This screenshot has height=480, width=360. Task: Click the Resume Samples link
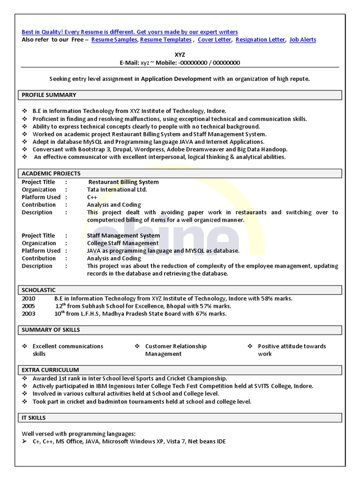pyautogui.click(x=114, y=40)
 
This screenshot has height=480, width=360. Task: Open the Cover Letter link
pyautogui.click(x=214, y=40)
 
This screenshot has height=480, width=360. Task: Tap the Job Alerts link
pyautogui.click(x=302, y=40)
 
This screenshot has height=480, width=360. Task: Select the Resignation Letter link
pyautogui.click(x=260, y=40)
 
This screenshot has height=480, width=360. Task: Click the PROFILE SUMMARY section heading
pyautogui.click(x=49, y=95)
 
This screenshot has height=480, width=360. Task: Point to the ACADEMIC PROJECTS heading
pyautogui.click(x=51, y=173)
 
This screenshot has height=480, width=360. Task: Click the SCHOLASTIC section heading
pyautogui.click(x=39, y=290)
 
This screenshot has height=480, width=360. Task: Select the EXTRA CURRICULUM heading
pyautogui.click(x=50, y=370)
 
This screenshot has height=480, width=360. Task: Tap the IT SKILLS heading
pyautogui.click(x=34, y=418)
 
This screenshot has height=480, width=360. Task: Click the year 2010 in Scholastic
pyautogui.click(x=29, y=299)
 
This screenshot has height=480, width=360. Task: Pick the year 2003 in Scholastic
pyautogui.click(x=29, y=314)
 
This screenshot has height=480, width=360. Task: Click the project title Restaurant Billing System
pyautogui.click(x=124, y=182)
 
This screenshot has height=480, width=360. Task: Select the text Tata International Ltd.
pyautogui.click(x=117, y=189)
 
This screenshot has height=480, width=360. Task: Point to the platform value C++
pyautogui.click(x=92, y=197)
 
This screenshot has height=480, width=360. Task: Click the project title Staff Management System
pyautogui.click(x=123, y=235)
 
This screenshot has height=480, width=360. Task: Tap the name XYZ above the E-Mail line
pyautogui.click(x=180, y=55)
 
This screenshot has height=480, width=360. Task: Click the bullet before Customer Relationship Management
pyautogui.click(x=137, y=346)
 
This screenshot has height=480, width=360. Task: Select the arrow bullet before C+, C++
pyautogui.click(x=24, y=442)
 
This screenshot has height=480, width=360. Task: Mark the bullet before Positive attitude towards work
pyautogui.click(x=250, y=346)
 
